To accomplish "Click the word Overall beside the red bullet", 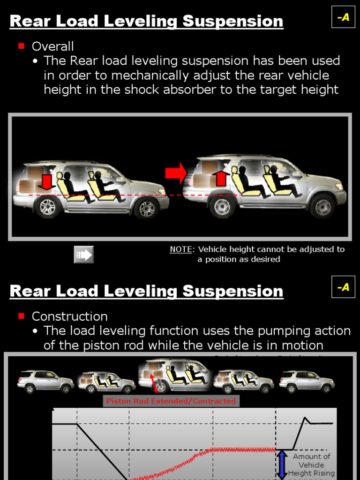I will (52, 46).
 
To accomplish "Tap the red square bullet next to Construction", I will (21, 316).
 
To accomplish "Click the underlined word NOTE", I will (180, 249).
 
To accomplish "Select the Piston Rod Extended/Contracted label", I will (171, 401).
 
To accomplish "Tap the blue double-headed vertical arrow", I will (282, 465).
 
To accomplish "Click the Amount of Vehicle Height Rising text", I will (312, 465).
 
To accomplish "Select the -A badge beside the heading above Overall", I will (343, 18).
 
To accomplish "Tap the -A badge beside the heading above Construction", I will (343, 287).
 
